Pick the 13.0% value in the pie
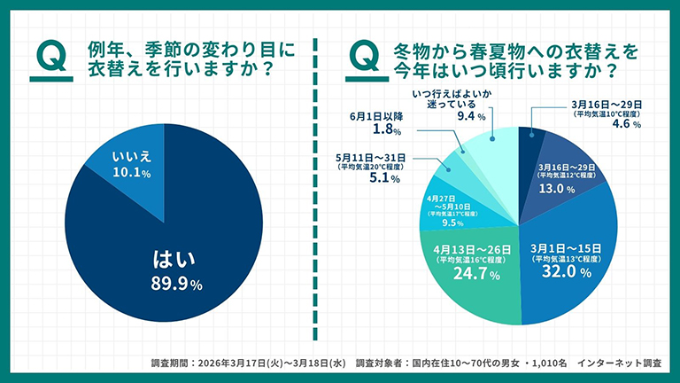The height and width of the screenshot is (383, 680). tap(564, 189)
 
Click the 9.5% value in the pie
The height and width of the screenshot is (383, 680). tap(452, 224)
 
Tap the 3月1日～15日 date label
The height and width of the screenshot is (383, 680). tap(568, 246)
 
